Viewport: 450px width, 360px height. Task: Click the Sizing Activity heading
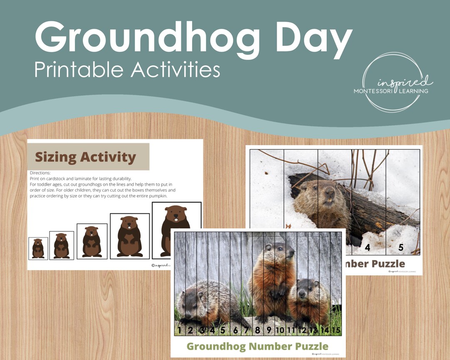pyautogui.click(x=85, y=157)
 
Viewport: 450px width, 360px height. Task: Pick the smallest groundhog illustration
pyautogui.click(x=38, y=248)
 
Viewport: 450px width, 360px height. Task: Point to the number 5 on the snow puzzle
pyautogui.click(x=400, y=247)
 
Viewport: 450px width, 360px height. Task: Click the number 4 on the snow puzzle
pyautogui.click(x=367, y=247)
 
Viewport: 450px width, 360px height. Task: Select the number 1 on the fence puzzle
pyautogui.click(x=180, y=330)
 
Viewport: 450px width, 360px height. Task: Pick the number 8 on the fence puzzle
pyautogui.click(x=257, y=330)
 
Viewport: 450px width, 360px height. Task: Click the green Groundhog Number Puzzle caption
pyautogui.click(x=257, y=346)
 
